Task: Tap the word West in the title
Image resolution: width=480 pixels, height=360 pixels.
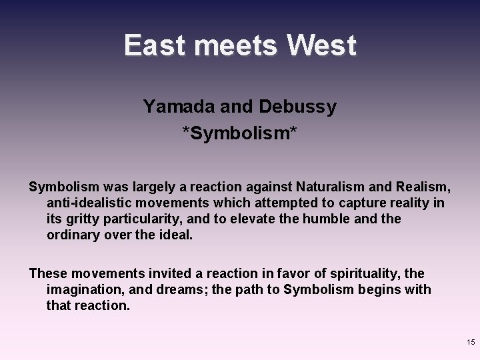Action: click(x=322, y=46)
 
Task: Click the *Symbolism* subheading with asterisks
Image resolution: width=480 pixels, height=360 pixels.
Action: click(x=240, y=135)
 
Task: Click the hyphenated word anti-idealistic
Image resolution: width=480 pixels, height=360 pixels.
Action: click(x=91, y=203)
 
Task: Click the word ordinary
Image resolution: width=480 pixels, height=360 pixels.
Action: click(x=75, y=234)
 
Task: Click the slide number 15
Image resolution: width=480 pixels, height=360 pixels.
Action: click(x=471, y=342)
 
